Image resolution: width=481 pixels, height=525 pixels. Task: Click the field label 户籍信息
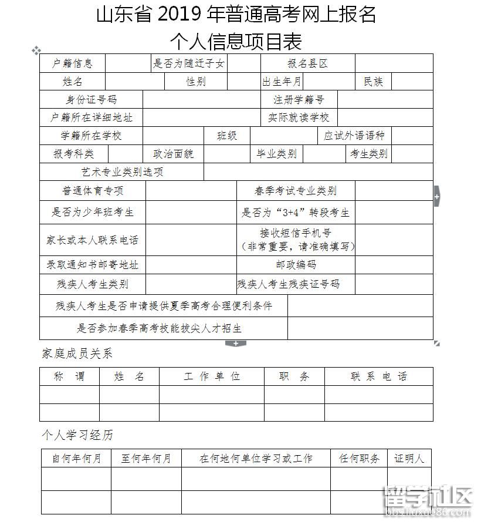tap(72, 63)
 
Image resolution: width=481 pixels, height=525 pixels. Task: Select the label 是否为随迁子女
tap(189, 63)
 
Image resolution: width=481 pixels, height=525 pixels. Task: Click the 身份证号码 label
tap(91, 100)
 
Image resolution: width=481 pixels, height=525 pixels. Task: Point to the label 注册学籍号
tap(298, 100)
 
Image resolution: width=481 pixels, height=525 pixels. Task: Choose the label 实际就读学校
tap(299, 117)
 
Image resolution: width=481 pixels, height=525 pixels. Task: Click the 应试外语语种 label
tap(354, 136)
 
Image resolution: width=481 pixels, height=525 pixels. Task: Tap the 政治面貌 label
tap(174, 154)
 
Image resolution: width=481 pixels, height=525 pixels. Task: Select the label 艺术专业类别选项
tap(122, 172)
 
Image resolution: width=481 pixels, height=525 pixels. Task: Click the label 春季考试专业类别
tap(296, 191)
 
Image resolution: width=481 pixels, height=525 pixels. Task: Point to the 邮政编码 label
tap(296, 265)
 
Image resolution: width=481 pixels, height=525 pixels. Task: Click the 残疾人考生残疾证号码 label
tap(288, 284)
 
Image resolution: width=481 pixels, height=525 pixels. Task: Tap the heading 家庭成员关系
tap(77, 354)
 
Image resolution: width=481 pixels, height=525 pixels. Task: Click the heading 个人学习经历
tap(77, 435)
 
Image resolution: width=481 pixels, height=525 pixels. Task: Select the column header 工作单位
tap(212, 376)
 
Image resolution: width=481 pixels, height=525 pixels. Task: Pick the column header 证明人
tap(409, 458)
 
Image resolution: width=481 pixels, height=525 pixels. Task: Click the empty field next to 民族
tap(412, 82)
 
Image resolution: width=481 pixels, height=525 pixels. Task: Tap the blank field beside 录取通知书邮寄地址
tap(191, 265)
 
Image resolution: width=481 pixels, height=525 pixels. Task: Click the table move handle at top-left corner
tap(36, 51)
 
